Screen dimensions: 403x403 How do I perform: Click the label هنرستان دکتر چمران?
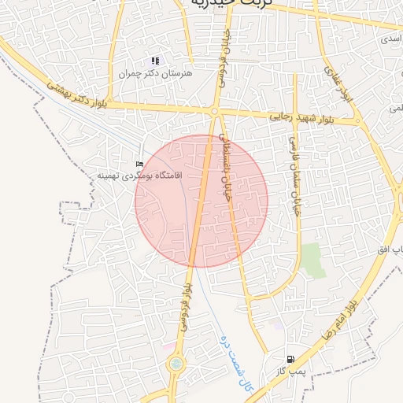(x=167, y=73)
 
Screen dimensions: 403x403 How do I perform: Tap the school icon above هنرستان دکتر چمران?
(x=156, y=61)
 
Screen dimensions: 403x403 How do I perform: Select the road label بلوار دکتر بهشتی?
(x=76, y=94)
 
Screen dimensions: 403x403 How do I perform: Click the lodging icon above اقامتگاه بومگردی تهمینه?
(x=140, y=164)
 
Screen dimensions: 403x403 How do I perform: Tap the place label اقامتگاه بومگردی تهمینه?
(x=139, y=175)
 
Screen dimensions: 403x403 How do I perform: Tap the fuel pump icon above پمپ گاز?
(x=290, y=359)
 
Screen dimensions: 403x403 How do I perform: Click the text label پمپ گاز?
(x=290, y=370)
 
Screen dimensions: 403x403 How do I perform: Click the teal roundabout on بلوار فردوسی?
(x=175, y=364)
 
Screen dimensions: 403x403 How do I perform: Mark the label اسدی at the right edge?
(x=390, y=37)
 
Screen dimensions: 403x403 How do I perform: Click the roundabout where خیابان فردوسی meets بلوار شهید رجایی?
(x=214, y=113)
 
